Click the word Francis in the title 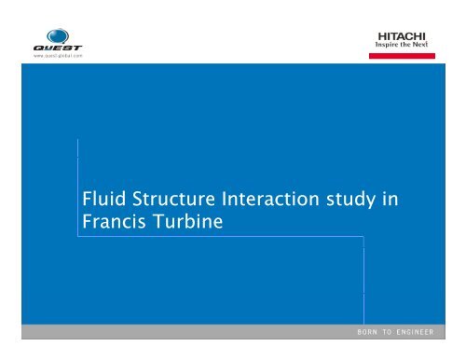[x=116, y=224]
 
